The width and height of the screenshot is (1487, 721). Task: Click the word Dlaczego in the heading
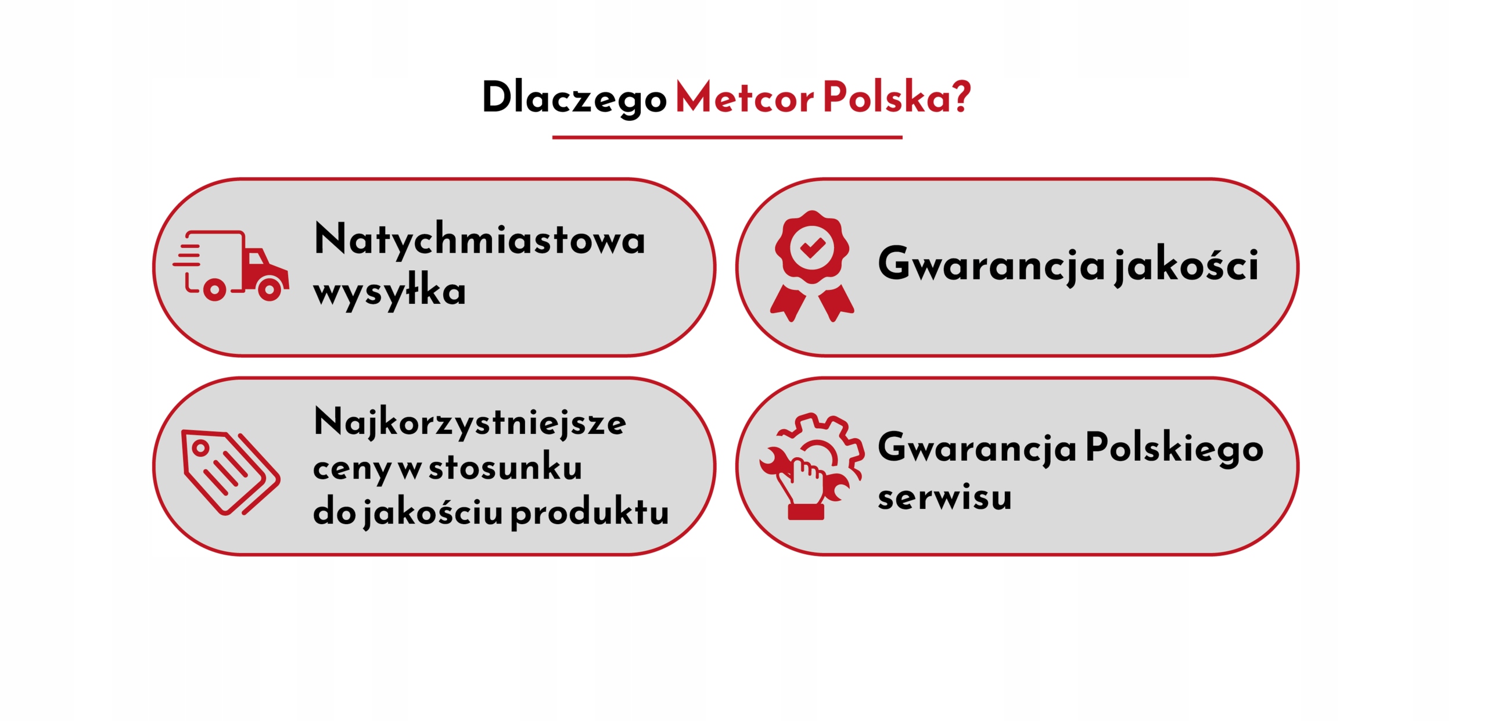click(574, 97)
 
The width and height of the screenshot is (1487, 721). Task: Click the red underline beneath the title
click(727, 138)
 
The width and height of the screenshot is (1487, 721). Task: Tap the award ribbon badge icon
click(812, 266)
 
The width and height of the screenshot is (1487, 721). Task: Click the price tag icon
click(231, 472)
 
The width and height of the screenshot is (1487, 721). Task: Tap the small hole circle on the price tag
click(200, 448)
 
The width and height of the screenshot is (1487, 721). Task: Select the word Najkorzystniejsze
click(470, 423)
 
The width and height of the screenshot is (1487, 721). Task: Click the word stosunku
click(505, 467)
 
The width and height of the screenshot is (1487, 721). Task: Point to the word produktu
click(590, 512)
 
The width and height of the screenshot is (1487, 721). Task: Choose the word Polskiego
click(1174, 447)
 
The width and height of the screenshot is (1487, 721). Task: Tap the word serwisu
click(944, 497)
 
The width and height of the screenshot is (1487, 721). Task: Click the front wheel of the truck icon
click(270, 289)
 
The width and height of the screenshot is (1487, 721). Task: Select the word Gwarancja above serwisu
click(977, 447)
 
